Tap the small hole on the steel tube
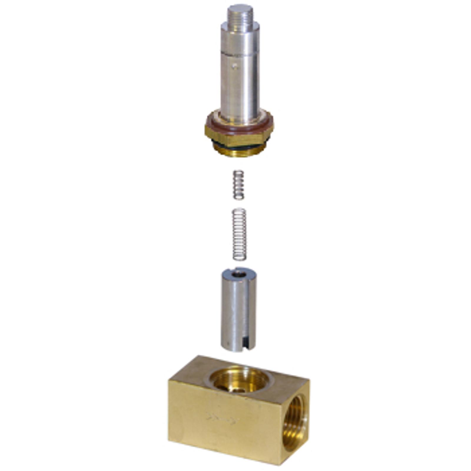234,66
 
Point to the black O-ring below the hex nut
239,146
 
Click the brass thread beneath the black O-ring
239,152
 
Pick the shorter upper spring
238,185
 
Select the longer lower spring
239,234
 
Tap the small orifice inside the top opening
239,389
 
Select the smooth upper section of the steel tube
240,38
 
